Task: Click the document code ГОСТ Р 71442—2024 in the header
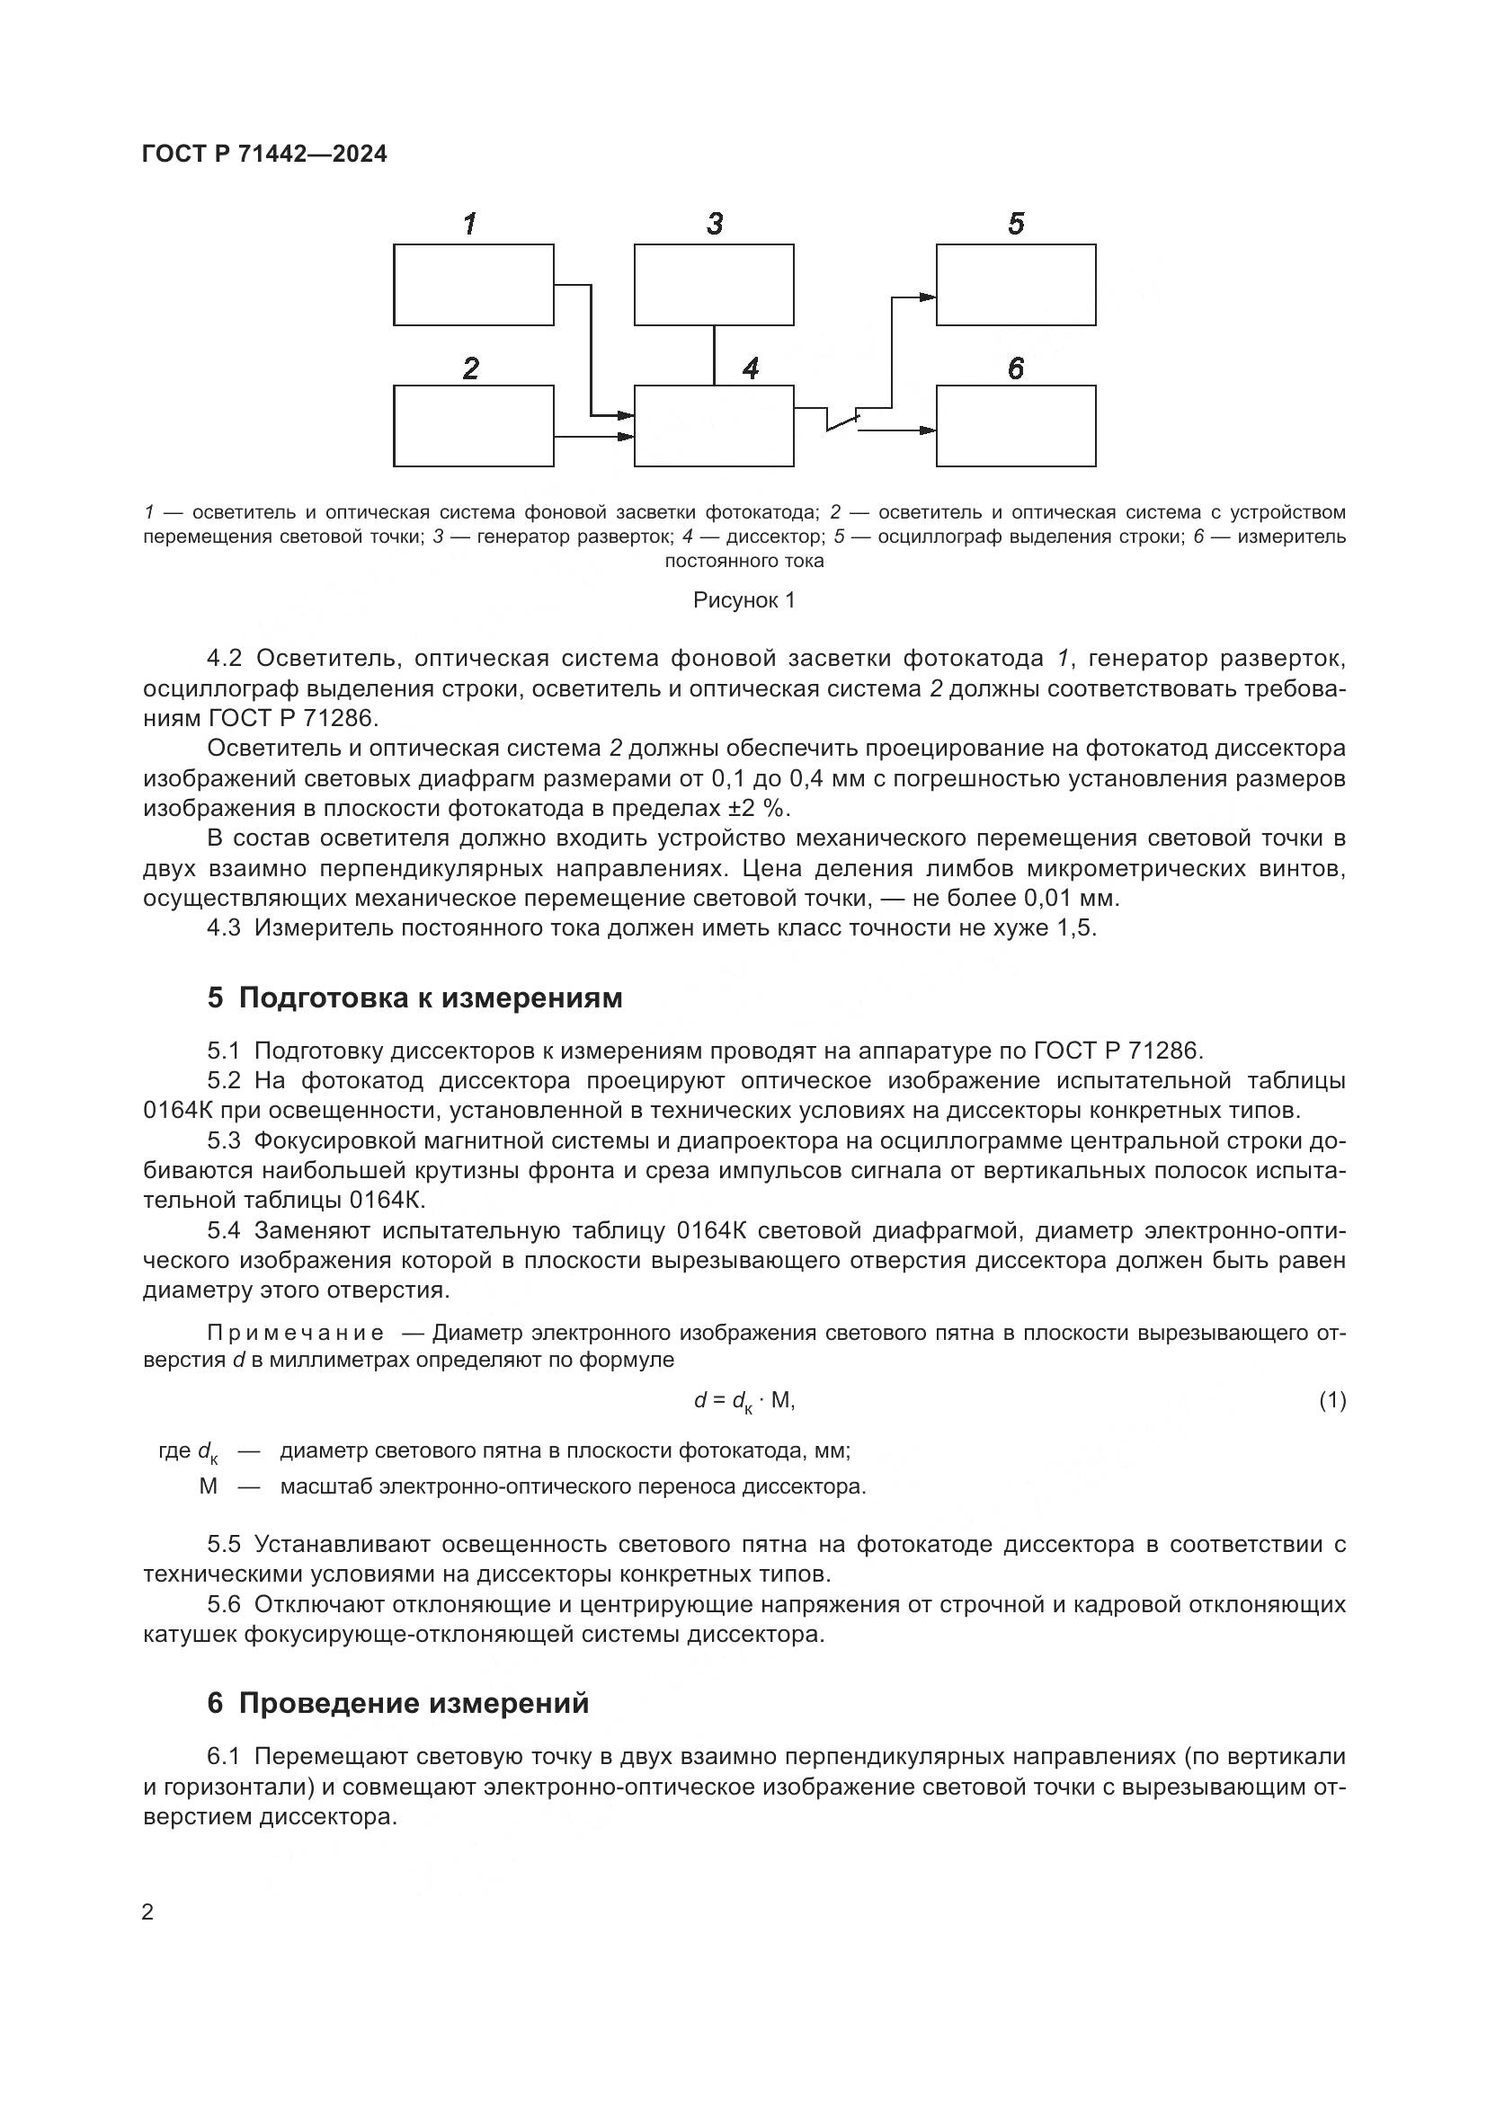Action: (x=264, y=155)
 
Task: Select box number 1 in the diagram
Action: (x=474, y=285)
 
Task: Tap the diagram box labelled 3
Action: (x=713, y=285)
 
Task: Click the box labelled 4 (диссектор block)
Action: (x=713, y=426)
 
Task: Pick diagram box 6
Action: (x=1015, y=426)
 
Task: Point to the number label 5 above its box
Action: (x=1015, y=225)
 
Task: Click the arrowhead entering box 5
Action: (x=928, y=296)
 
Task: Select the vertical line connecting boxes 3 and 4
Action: (x=714, y=355)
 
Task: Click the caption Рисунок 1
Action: (x=743, y=600)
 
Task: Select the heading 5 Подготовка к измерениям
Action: (x=414, y=998)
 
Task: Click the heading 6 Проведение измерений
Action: (x=398, y=1704)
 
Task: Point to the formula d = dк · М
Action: (x=743, y=1401)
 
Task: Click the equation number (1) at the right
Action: (x=1331, y=1400)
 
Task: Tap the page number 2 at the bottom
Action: (x=148, y=1912)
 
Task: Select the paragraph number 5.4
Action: (x=224, y=1230)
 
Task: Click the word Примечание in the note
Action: (x=296, y=1333)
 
